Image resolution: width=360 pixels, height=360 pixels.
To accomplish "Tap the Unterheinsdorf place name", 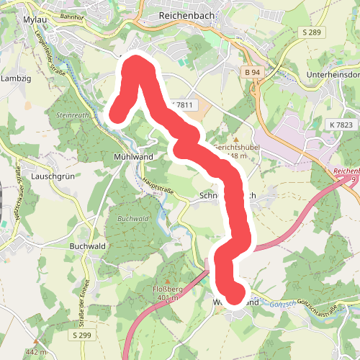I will [333, 73].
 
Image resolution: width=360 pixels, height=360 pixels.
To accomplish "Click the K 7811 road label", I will [184, 105].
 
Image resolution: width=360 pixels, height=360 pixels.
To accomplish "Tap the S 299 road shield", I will [81, 336].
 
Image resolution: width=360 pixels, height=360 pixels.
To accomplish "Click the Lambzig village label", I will [14, 78].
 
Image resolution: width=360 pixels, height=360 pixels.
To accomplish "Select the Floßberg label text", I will [167, 289].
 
